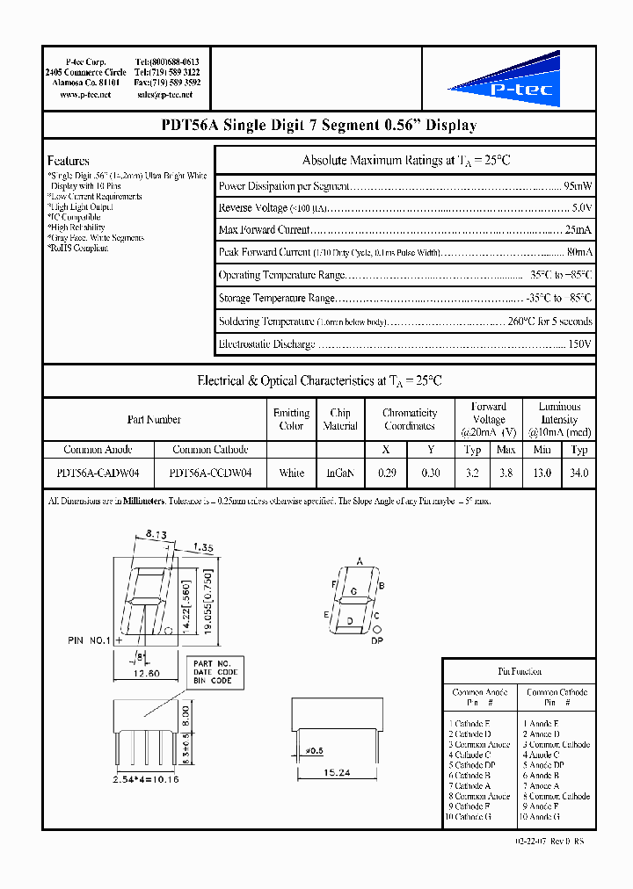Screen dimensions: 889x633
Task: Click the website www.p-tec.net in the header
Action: click(x=85, y=94)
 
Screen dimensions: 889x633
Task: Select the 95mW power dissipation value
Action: click(x=578, y=186)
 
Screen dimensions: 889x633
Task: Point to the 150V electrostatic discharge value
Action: click(x=581, y=343)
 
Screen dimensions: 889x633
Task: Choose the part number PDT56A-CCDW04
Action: click(x=210, y=473)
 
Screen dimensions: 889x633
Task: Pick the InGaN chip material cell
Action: click(x=339, y=473)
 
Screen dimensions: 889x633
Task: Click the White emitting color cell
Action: click(x=291, y=473)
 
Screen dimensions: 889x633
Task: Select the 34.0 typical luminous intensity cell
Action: click(x=578, y=473)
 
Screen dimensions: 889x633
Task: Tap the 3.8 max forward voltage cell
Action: click(x=506, y=473)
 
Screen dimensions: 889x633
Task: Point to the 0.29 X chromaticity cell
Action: click(x=386, y=473)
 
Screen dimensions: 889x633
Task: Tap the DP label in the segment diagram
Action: click(x=378, y=642)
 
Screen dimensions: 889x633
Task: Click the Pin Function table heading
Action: click(x=520, y=671)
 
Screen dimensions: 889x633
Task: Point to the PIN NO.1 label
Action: click(x=90, y=640)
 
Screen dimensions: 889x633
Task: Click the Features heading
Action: click(x=69, y=161)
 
